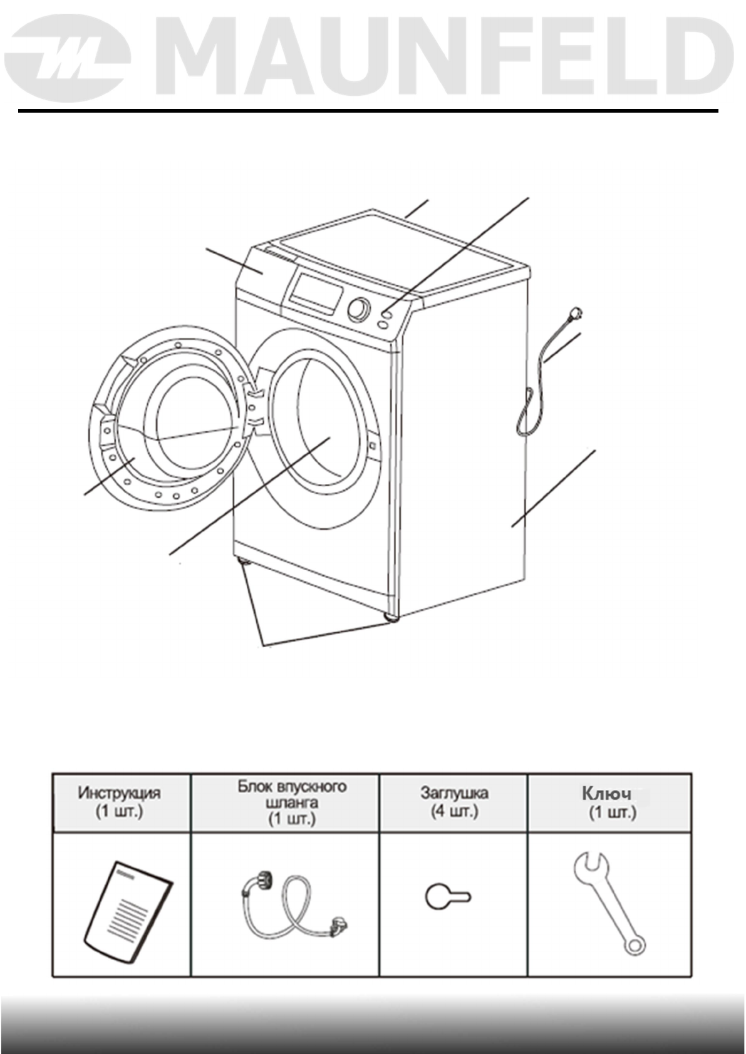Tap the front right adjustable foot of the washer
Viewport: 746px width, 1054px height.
click(x=393, y=618)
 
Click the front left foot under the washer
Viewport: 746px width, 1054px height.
click(x=242, y=563)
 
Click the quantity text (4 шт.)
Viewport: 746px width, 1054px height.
click(x=454, y=811)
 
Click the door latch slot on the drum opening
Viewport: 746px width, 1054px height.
click(x=371, y=446)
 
